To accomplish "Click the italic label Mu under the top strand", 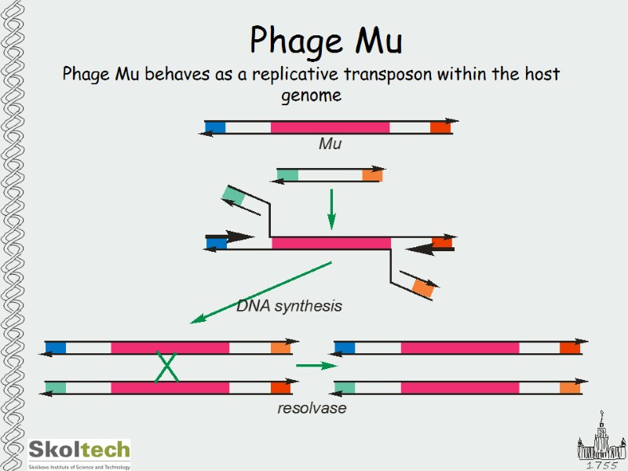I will [x=330, y=144].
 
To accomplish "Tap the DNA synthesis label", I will [x=289, y=306].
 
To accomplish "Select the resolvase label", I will [x=312, y=408].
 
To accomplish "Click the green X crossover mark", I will [x=166, y=367].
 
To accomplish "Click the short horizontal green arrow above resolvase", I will [x=316, y=366].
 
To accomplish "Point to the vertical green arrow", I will [x=330, y=208].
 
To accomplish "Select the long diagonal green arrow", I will [x=261, y=293].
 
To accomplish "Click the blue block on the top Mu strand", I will [x=215, y=127].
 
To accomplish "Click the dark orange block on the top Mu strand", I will [x=440, y=127].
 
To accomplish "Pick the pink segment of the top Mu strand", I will [x=330, y=127].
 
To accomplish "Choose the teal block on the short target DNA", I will [x=287, y=175].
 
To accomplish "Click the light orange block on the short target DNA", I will [x=372, y=175].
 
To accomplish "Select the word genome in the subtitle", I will [x=312, y=95].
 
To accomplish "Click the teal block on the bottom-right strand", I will [x=345, y=387].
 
